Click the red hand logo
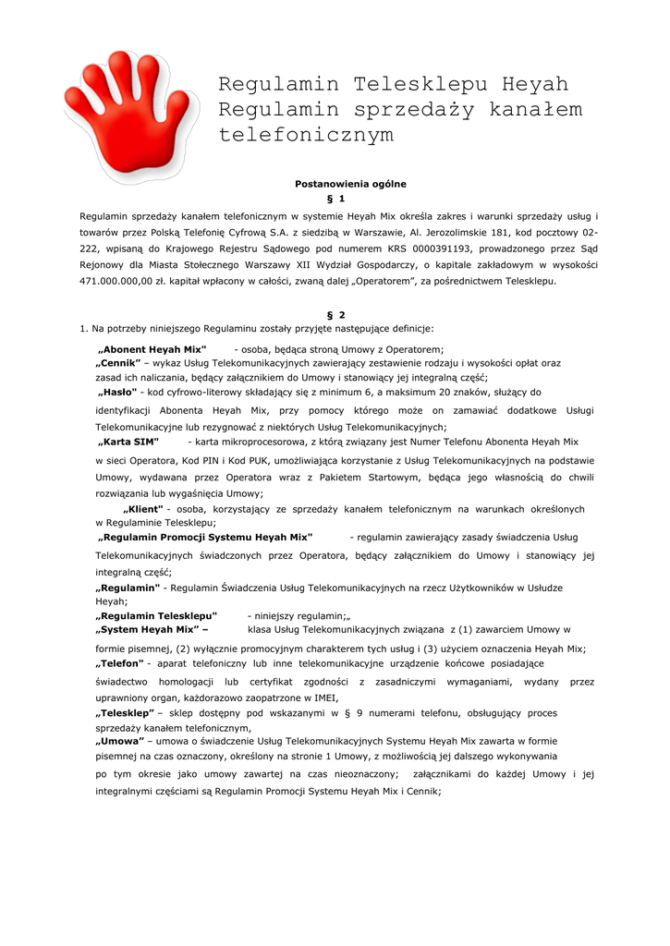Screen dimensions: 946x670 tap(129, 115)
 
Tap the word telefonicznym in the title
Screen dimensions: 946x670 tap(306, 136)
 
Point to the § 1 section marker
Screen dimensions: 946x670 tap(336, 199)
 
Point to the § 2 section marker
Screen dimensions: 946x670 tap(336, 315)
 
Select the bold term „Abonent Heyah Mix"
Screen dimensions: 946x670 tap(152, 349)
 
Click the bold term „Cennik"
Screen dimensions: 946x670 tap(118, 363)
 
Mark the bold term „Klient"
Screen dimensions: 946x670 tap(143, 509)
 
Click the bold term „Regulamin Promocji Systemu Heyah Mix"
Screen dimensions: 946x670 tap(205, 537)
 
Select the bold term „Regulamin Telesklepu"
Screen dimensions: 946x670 tap(156, 615)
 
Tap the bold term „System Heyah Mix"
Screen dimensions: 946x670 tap(152, 630)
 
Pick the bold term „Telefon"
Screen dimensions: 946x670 tap(120, 663)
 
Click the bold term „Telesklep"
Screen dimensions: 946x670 tap(125, 713)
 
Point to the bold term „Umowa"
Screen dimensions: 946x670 tap(120, 742)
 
